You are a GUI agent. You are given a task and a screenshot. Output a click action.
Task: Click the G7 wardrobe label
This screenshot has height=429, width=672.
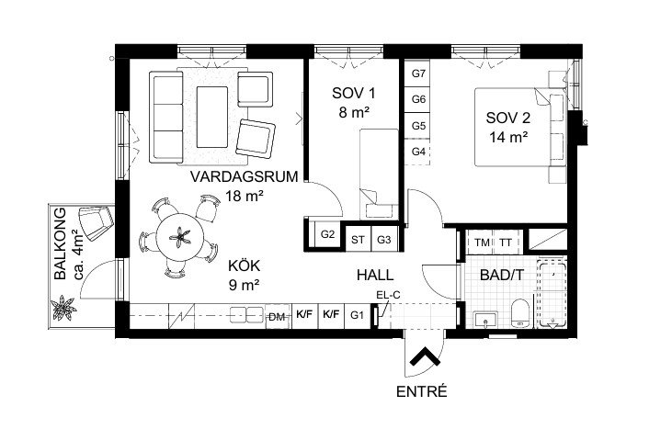coord(418,73)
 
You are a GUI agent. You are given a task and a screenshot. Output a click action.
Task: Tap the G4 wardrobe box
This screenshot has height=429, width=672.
coord(417,152)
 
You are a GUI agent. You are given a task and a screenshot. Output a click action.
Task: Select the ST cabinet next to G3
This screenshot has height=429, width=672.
coord(358,240)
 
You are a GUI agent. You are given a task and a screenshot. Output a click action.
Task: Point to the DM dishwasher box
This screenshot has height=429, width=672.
coord(279,317)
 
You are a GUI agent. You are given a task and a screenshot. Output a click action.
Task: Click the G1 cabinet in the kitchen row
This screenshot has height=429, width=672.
coord(357,316)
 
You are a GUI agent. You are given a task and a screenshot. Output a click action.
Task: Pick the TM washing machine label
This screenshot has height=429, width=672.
coord(482,243)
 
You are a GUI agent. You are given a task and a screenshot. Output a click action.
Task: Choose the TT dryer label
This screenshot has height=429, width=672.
coord(506,243)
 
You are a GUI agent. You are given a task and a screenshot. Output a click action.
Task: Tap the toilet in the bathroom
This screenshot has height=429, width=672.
coord(520,312)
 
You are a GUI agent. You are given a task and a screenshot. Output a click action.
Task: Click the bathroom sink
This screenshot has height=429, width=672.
coord(485,320)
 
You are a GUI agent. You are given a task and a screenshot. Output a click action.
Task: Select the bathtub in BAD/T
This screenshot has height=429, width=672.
coord(552,295)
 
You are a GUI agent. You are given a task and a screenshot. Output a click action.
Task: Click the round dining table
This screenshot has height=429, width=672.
coord(180,237)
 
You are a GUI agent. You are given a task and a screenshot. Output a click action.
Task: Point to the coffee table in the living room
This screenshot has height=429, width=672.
coord(212,117)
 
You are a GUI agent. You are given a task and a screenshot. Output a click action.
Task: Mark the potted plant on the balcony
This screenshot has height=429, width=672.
coord(63,308)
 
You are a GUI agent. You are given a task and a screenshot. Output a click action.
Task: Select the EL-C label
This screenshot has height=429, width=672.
coord(388,295)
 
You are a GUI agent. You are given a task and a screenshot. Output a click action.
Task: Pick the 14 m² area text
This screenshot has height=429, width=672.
coord(508,138)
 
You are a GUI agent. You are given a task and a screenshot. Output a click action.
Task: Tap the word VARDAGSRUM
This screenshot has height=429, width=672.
coord(244,176)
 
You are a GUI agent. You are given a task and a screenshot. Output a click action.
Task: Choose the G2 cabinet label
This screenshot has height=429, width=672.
coord(327,234)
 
